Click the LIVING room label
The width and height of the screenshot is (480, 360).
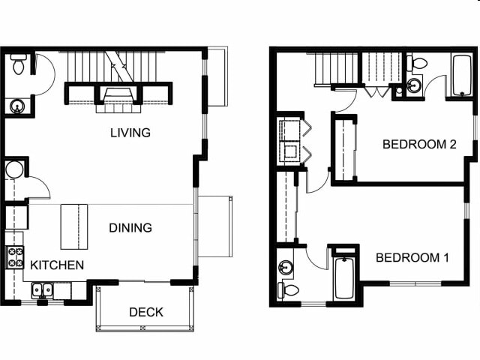point(130,133)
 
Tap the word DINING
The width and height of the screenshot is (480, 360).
point(130,227)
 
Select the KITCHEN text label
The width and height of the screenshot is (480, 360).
point(57,265)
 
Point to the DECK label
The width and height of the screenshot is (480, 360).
point(146,312)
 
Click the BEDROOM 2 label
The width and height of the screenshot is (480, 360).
point(419,144)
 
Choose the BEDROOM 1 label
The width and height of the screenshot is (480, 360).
point(412,257)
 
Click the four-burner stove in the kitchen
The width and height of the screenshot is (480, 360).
point(16,258)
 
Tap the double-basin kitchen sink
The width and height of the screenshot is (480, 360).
point(41,289)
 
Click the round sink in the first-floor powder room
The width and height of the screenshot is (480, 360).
point(16,106)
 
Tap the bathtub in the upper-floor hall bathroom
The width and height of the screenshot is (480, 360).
point(459,76)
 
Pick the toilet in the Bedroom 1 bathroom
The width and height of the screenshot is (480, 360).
point(288,289)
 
